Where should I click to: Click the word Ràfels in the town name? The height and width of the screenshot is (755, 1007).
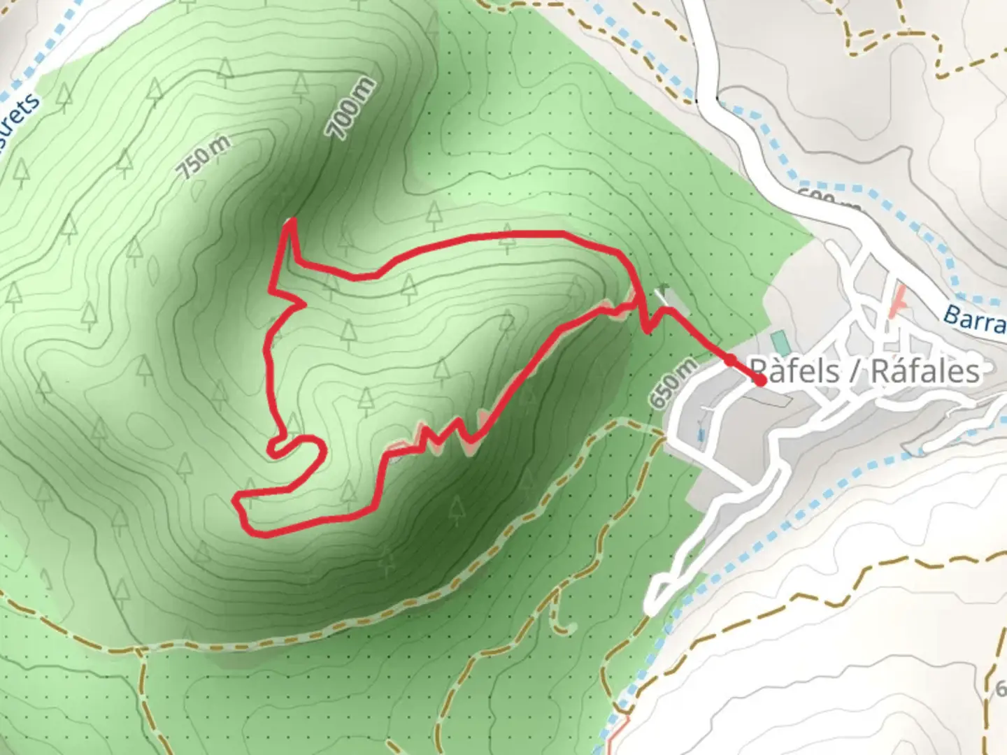tap(794, 371)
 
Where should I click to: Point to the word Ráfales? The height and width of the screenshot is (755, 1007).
tap(924, 371)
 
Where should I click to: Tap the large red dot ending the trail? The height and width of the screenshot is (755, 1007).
tap(760, 381)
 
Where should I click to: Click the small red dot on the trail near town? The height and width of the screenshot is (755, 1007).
tap(730, 359)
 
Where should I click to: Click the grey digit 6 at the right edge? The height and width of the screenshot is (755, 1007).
tap(1001, 689)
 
